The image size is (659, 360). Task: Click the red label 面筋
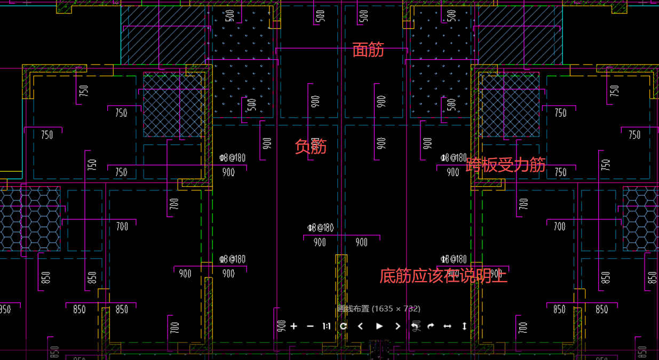[368, 50]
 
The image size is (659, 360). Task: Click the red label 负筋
[311, 146]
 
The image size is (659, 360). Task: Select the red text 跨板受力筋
[505, 165]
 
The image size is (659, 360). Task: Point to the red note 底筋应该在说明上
[443, 276]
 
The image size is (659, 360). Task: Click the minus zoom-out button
[310, 326]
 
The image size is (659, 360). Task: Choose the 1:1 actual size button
[327, 326]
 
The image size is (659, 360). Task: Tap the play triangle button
[379, 326]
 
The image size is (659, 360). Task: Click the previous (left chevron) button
[361, 326]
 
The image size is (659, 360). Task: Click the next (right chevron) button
[397, 326]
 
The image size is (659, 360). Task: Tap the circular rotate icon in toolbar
[343, 326]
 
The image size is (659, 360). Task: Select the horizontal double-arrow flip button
[447, 326]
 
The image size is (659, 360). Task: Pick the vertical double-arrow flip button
[464, 326]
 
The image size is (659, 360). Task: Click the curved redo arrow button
[431, 326]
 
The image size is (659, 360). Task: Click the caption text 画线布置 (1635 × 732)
[379, 308]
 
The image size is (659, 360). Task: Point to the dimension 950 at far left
[4, 309]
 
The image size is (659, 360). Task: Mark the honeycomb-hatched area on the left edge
[29, 219]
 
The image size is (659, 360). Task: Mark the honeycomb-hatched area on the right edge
[640, 219]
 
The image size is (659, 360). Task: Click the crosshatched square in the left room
[172, 105]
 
